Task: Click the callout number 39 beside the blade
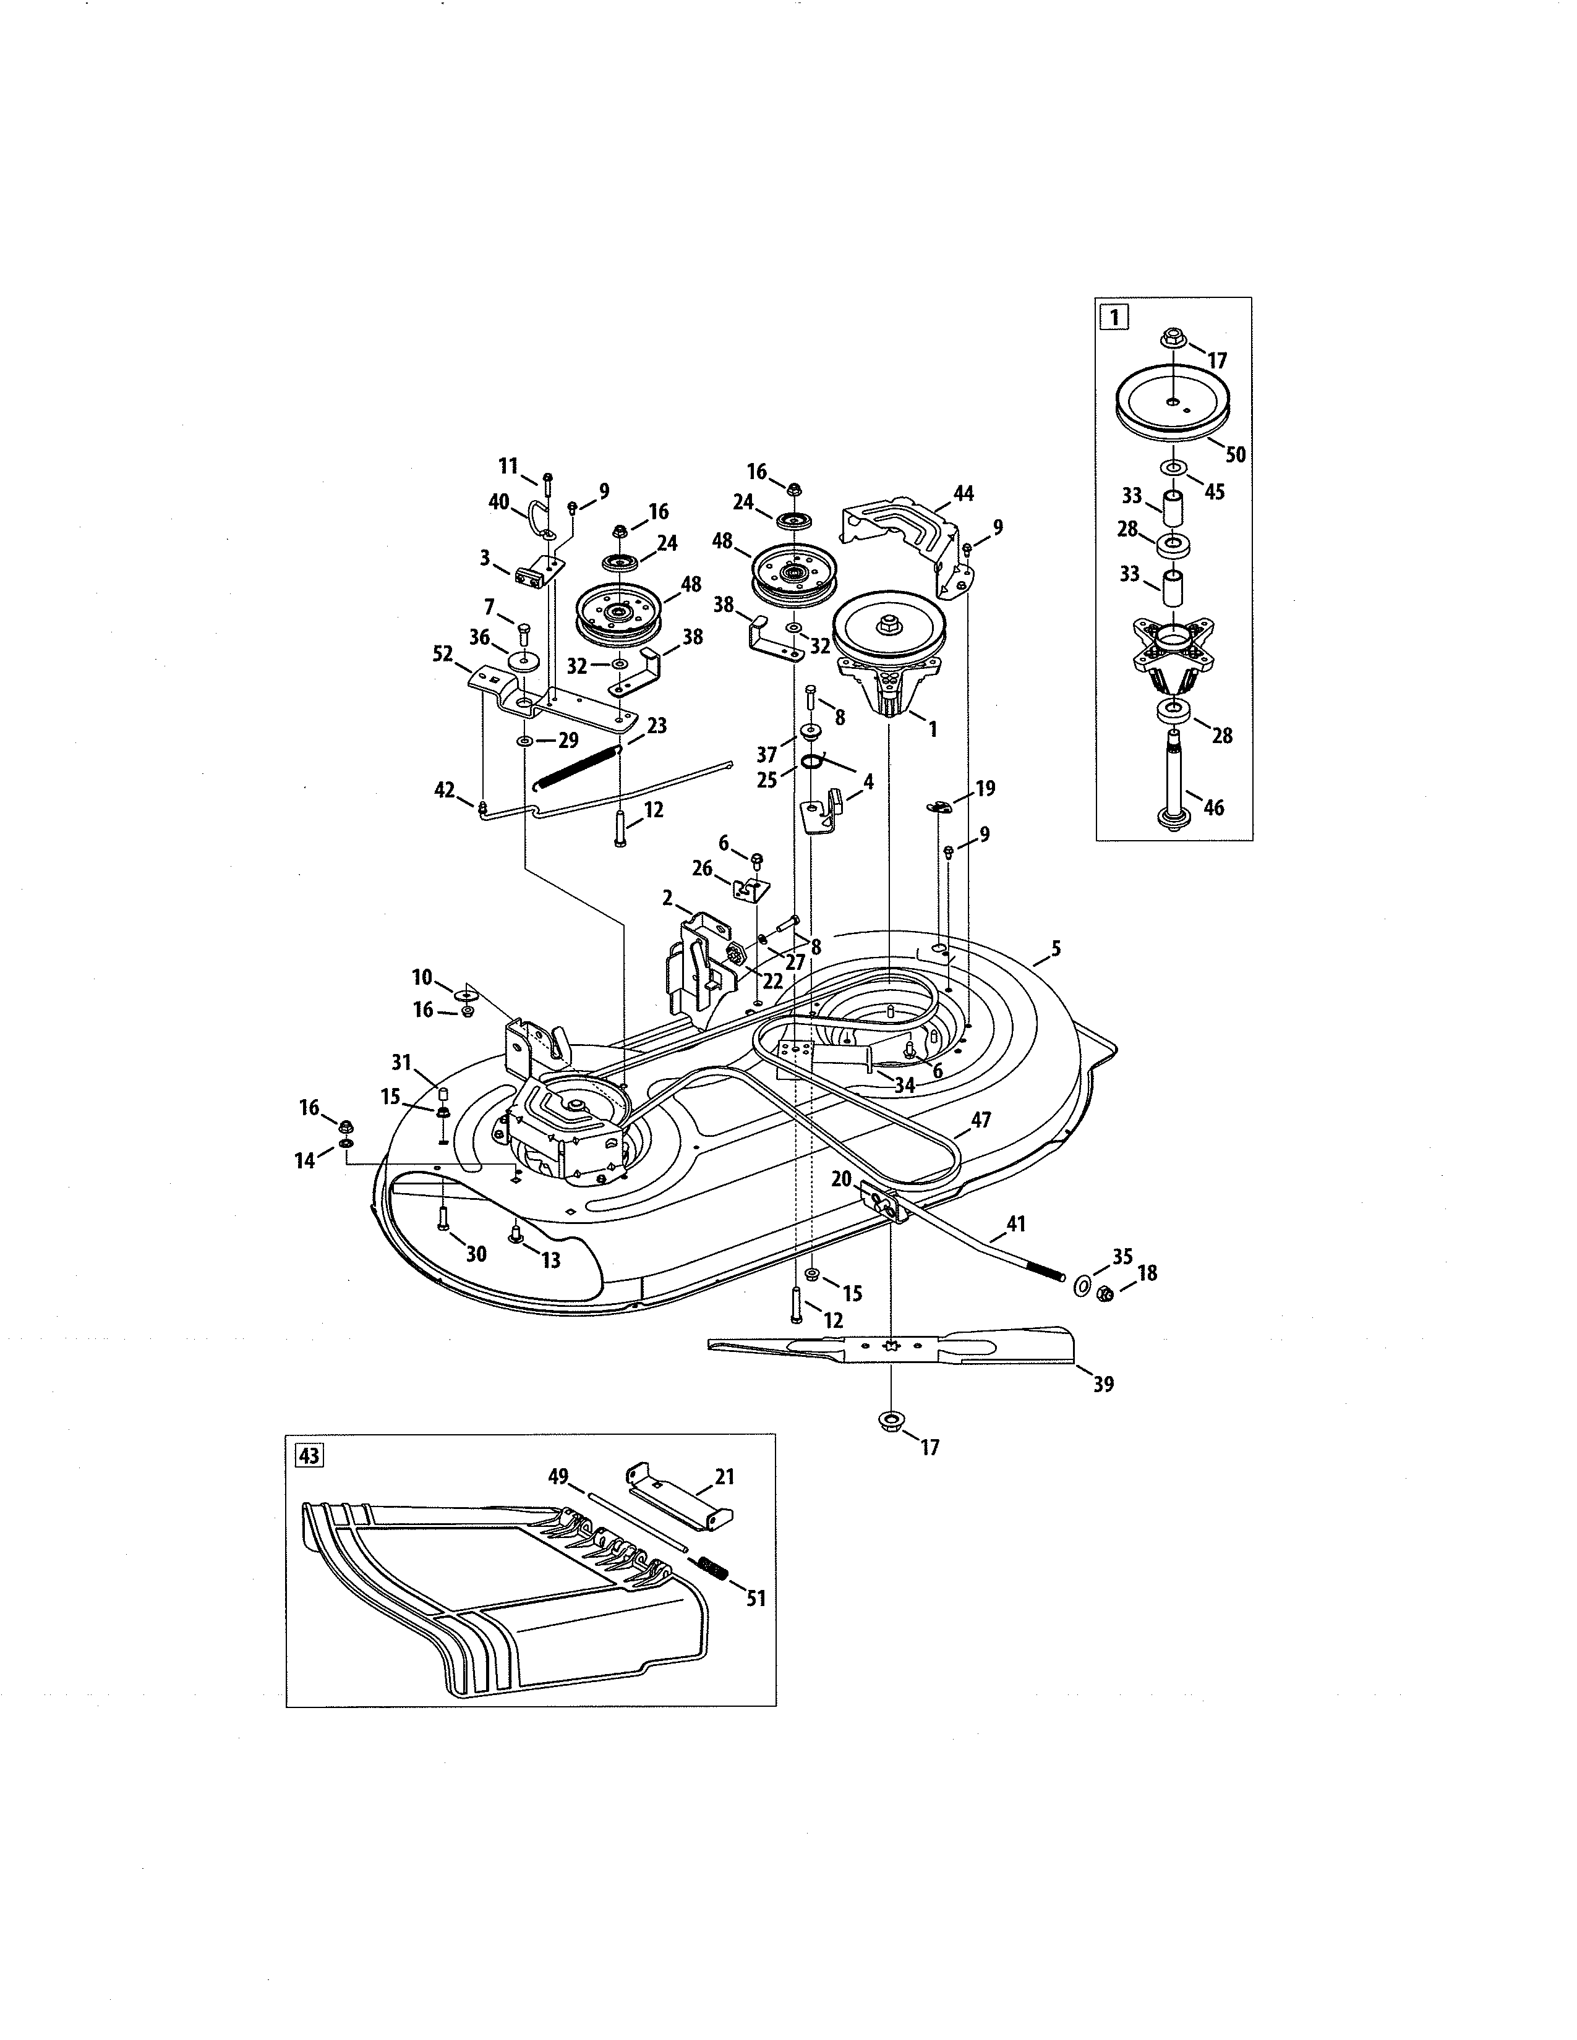point(1103,1384)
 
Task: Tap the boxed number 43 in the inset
point(309,1455)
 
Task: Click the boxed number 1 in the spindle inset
point(1114,317)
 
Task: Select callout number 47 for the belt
point(980,1119)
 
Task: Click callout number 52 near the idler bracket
point(443,655)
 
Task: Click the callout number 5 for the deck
point(1056,948)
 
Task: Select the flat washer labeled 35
point(1081,1287)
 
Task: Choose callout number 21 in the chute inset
point(724,1477)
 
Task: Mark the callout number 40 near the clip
point(499,501)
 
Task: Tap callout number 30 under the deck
point(476,1254)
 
